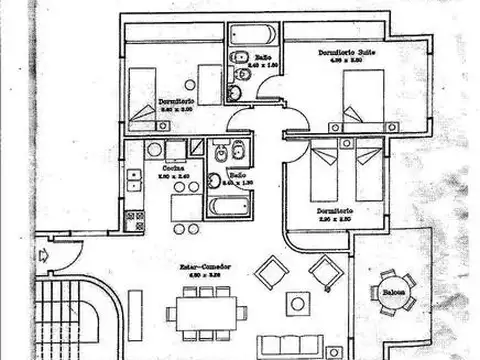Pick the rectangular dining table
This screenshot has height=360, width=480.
coord(206,309)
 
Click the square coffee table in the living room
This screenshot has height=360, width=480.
coord(297,303)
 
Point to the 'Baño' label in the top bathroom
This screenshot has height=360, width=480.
coord(263,58)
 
